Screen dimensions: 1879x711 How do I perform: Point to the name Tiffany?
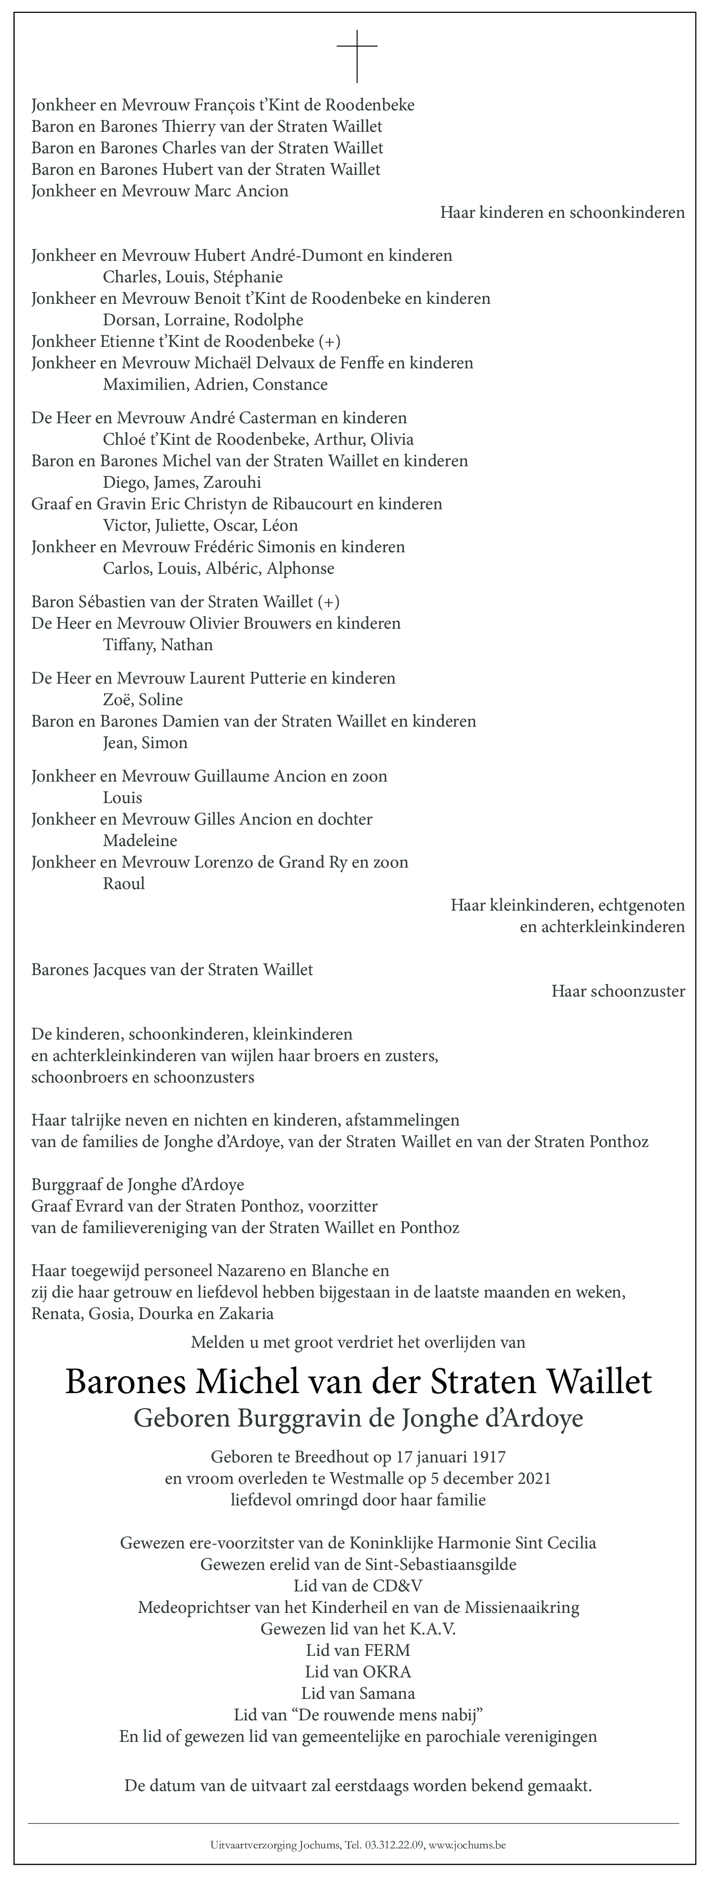(x=128, y=645)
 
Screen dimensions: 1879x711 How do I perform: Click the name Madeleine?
(x=140, y=840)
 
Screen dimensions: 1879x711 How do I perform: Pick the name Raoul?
(x=124, y=883)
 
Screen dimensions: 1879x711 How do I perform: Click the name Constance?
(x=290, y=385)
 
